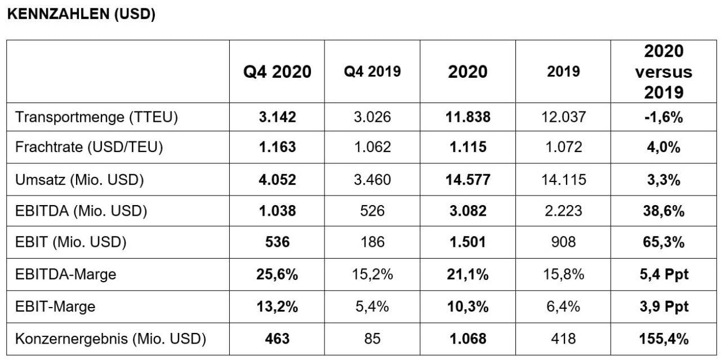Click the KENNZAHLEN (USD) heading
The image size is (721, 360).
tap(81, 14)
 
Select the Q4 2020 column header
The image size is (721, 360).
tap(277, 72)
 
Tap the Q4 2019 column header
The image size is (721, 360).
tap(372, 71)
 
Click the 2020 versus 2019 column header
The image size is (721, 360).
tap(664, 72)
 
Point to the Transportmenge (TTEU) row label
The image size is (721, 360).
tap(96, 117)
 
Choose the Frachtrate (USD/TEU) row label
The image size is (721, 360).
tap(89, 147)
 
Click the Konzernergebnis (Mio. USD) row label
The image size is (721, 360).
tap(110, 339)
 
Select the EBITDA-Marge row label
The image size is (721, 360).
tap(66, 274)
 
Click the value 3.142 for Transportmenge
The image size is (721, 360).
tap(277, 117)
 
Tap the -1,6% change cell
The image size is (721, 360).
tap(664, 117)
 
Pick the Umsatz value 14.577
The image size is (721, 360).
tap(468, 180)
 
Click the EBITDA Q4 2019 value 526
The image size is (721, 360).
tap(372, 211)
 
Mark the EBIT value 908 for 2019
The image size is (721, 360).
tap(563, 242)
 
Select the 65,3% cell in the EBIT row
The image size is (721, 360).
tap(664, 242)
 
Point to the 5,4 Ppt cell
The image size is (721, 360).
tap(664, 274)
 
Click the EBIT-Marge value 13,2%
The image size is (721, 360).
tap(277, 306)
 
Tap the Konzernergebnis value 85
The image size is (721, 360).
tap(372, 339)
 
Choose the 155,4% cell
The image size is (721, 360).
tap(664, 339)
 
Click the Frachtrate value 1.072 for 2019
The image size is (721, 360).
tap(563, 147)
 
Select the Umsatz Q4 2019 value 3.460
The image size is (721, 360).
tap(372, 180)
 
